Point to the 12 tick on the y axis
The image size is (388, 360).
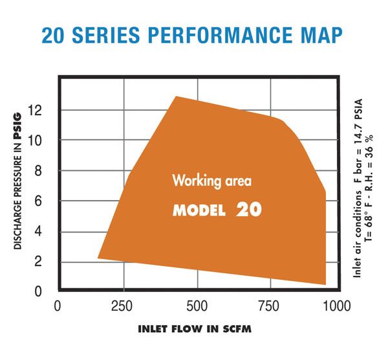point(35,111)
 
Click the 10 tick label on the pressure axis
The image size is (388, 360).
point(35,141)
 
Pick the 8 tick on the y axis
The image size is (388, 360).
point(38,171)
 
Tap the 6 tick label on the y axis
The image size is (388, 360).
point(38,201)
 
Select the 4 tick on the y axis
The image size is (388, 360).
point(38,232)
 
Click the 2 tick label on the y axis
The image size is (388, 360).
point(38,262)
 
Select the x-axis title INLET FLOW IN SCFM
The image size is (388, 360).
point(195,328)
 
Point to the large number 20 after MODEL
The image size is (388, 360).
point(248,210)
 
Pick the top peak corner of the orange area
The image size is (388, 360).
point(176,96)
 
